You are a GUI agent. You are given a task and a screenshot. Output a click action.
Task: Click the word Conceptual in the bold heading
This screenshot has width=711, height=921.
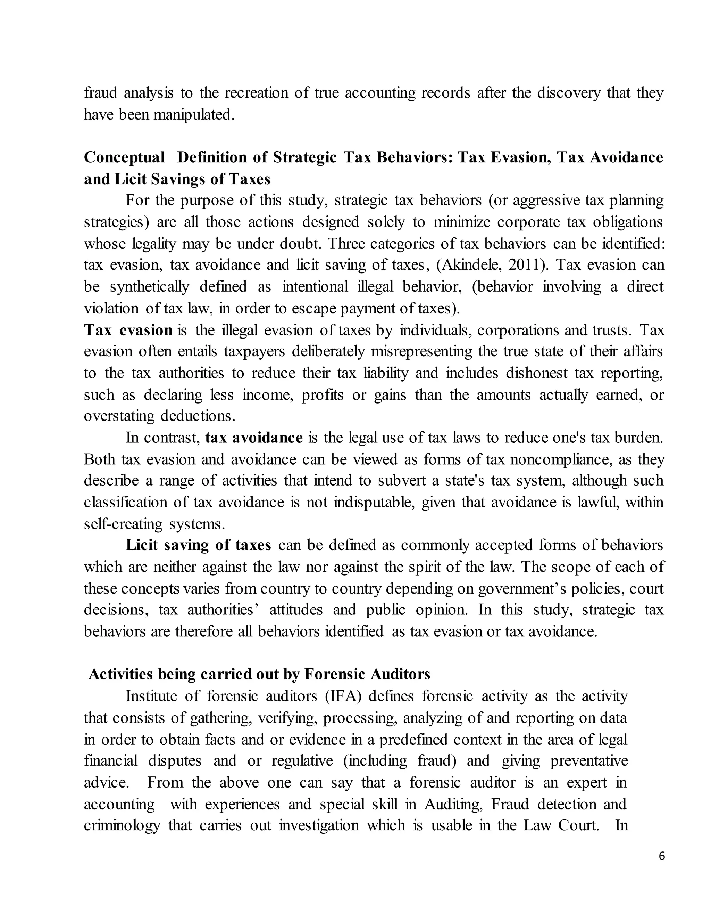click(124, 157)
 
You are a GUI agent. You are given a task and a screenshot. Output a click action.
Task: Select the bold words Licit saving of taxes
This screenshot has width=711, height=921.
click(198, 545)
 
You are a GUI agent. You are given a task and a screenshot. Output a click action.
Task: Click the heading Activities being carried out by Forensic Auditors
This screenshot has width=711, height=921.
click(259, 674)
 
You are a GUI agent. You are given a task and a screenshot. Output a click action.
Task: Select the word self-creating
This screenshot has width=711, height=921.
click(123, 524)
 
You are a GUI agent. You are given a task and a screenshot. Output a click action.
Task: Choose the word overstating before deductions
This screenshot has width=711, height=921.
click(119, 416)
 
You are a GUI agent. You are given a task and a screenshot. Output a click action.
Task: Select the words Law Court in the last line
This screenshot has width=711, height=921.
click(561, 825)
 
